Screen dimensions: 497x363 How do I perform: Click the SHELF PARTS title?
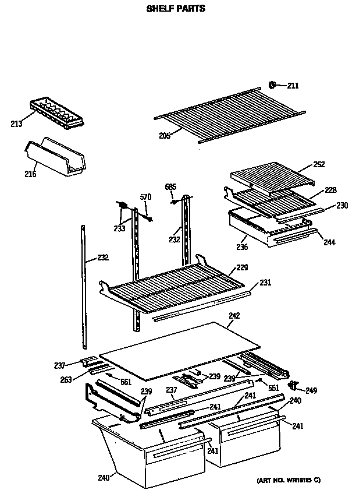coord(175,9)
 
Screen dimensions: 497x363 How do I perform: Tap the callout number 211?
coord(293,86)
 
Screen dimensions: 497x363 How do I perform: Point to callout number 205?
coord(165,136)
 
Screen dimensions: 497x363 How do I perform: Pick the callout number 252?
coord(319,165)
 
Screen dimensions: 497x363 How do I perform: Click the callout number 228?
coord(330,190)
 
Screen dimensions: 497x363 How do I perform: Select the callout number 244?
coord(330,242)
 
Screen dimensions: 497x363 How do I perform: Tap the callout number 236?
coord(242,247)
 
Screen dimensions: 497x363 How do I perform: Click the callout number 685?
coord(170,187)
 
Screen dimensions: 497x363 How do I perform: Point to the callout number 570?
coord(145,197)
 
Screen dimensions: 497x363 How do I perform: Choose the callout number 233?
coord(119,228)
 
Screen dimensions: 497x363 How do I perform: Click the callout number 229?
coord(243,268)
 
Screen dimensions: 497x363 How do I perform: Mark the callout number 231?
coord(265,283)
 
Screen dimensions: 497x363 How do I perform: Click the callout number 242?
coord(234,316)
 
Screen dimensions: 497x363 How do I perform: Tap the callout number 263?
coord(66,379)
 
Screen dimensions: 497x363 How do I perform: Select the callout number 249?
coord(311,390)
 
